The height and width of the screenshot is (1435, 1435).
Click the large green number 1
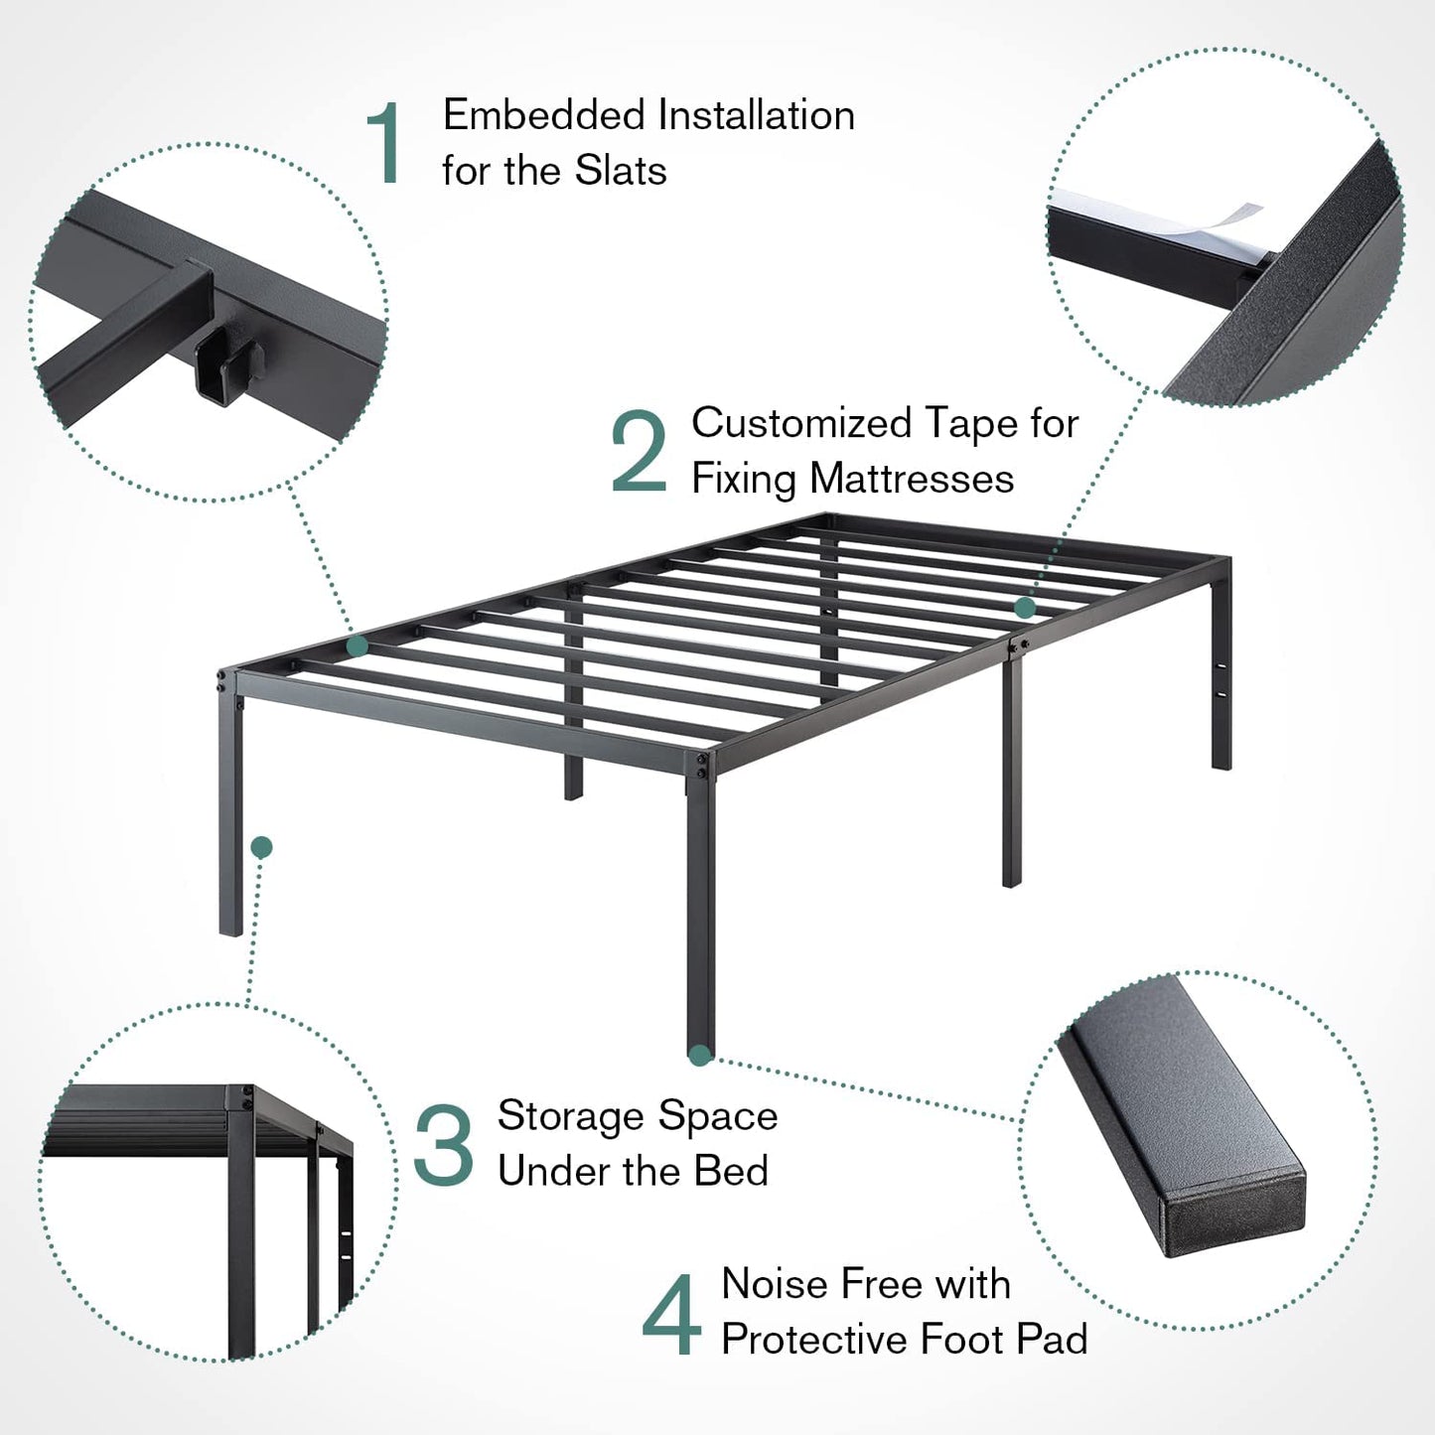(x=386, y=143)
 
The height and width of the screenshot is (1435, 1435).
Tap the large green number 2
(x=639, y=451)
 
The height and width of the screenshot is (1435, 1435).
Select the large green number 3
(x=444, y=1145)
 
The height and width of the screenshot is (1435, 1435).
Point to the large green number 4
(x=671, y=1315)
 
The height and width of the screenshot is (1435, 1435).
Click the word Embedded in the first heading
(x=544, y=115)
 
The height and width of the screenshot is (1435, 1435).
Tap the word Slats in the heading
(x=621, y=171)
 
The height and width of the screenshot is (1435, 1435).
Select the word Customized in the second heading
(x=802, y=423)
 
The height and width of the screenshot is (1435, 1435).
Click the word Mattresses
(x=912, y=478)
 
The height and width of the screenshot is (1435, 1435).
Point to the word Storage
(x=570, y=1116)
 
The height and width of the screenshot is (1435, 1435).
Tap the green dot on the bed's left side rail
(x=358, y=645)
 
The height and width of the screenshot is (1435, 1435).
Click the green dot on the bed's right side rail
(x=1026, y=608)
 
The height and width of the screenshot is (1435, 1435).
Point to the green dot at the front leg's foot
(x=700, y=1056)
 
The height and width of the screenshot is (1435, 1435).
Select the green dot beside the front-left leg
(x=261, y=847)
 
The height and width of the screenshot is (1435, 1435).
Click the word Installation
(x=757, y=115)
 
